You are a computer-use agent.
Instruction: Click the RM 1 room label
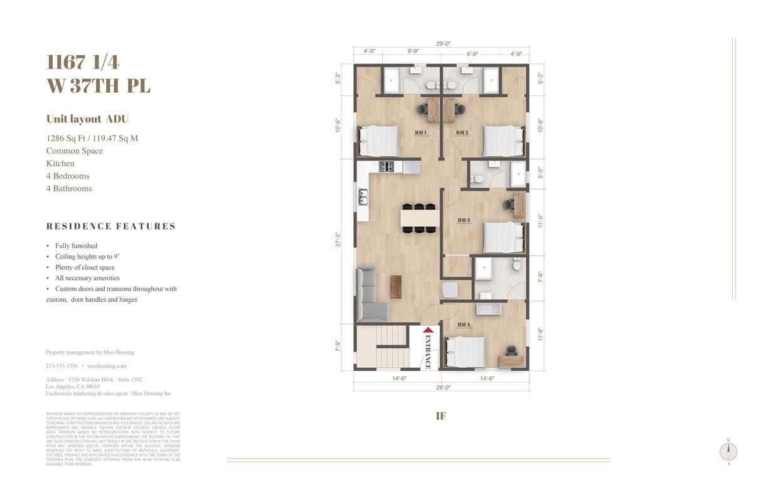point(420,133)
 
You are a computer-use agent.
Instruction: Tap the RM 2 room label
point(462,133)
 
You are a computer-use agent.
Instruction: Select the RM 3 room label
point(464,220)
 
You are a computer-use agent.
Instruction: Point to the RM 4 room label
point(464,324)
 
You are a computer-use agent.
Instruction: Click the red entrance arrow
point(428,331)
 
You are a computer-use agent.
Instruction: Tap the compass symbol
point(728,451)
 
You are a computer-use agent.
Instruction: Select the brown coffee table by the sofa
point(395,287)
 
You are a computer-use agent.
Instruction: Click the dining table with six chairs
point(418,218)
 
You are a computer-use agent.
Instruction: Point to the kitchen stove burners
point(386,167)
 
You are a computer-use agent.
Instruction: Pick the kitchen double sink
point(363,198)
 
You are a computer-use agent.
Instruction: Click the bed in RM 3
point(503,238)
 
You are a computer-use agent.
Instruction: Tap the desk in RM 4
point(510,360)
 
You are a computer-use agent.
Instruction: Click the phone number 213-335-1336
point(61,366)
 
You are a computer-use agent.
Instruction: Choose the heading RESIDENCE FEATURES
point(111,226)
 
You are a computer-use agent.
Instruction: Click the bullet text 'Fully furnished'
point(76,246)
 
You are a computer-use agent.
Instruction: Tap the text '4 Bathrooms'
point(69,188)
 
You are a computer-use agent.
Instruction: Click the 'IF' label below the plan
point(440,416)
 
